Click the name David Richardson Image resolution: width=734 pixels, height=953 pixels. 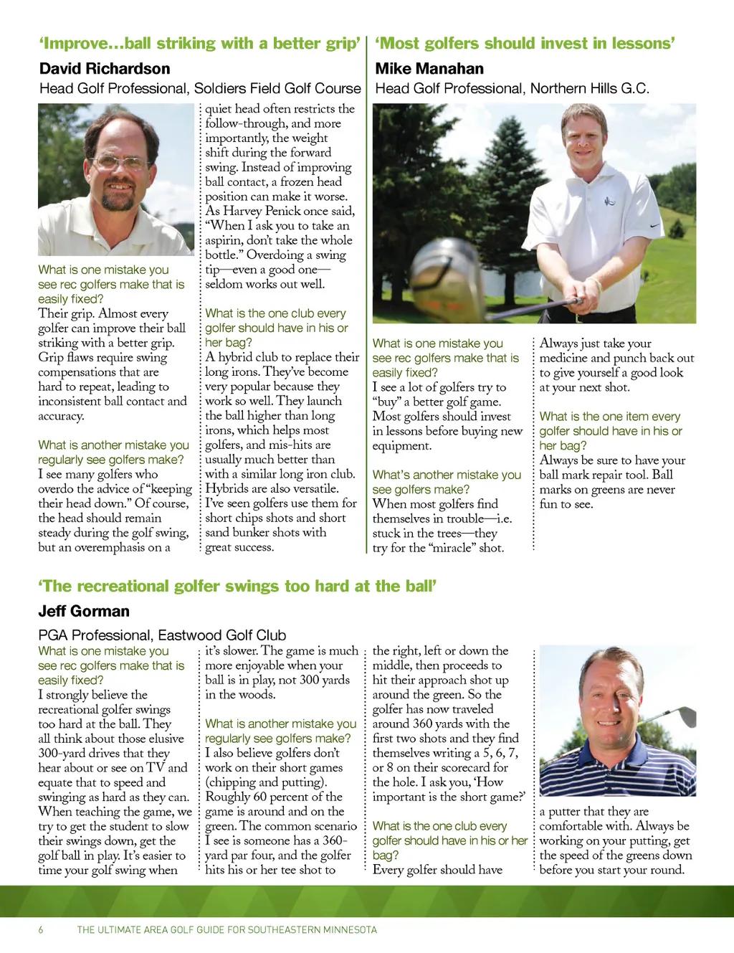105,69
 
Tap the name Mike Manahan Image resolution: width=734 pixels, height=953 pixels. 429,69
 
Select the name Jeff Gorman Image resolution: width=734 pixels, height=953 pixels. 84,612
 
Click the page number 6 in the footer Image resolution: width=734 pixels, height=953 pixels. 41,930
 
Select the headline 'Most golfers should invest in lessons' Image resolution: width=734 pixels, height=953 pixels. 525,44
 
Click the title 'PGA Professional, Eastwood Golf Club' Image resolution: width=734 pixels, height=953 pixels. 162,635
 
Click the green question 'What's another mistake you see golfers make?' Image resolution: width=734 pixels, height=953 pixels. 446,482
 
